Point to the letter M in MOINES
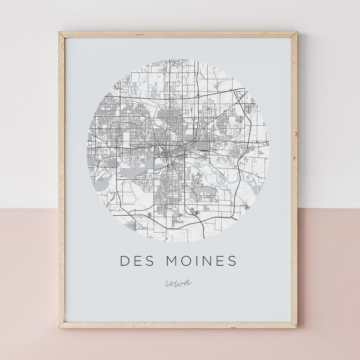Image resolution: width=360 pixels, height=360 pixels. coord(172,261)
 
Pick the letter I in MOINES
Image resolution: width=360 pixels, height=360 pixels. coord(198,261)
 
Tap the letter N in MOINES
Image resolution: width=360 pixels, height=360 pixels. coord(208,261)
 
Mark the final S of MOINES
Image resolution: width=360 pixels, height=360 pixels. coord(233,261)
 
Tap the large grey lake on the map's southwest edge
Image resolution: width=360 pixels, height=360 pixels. coord(100,184)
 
